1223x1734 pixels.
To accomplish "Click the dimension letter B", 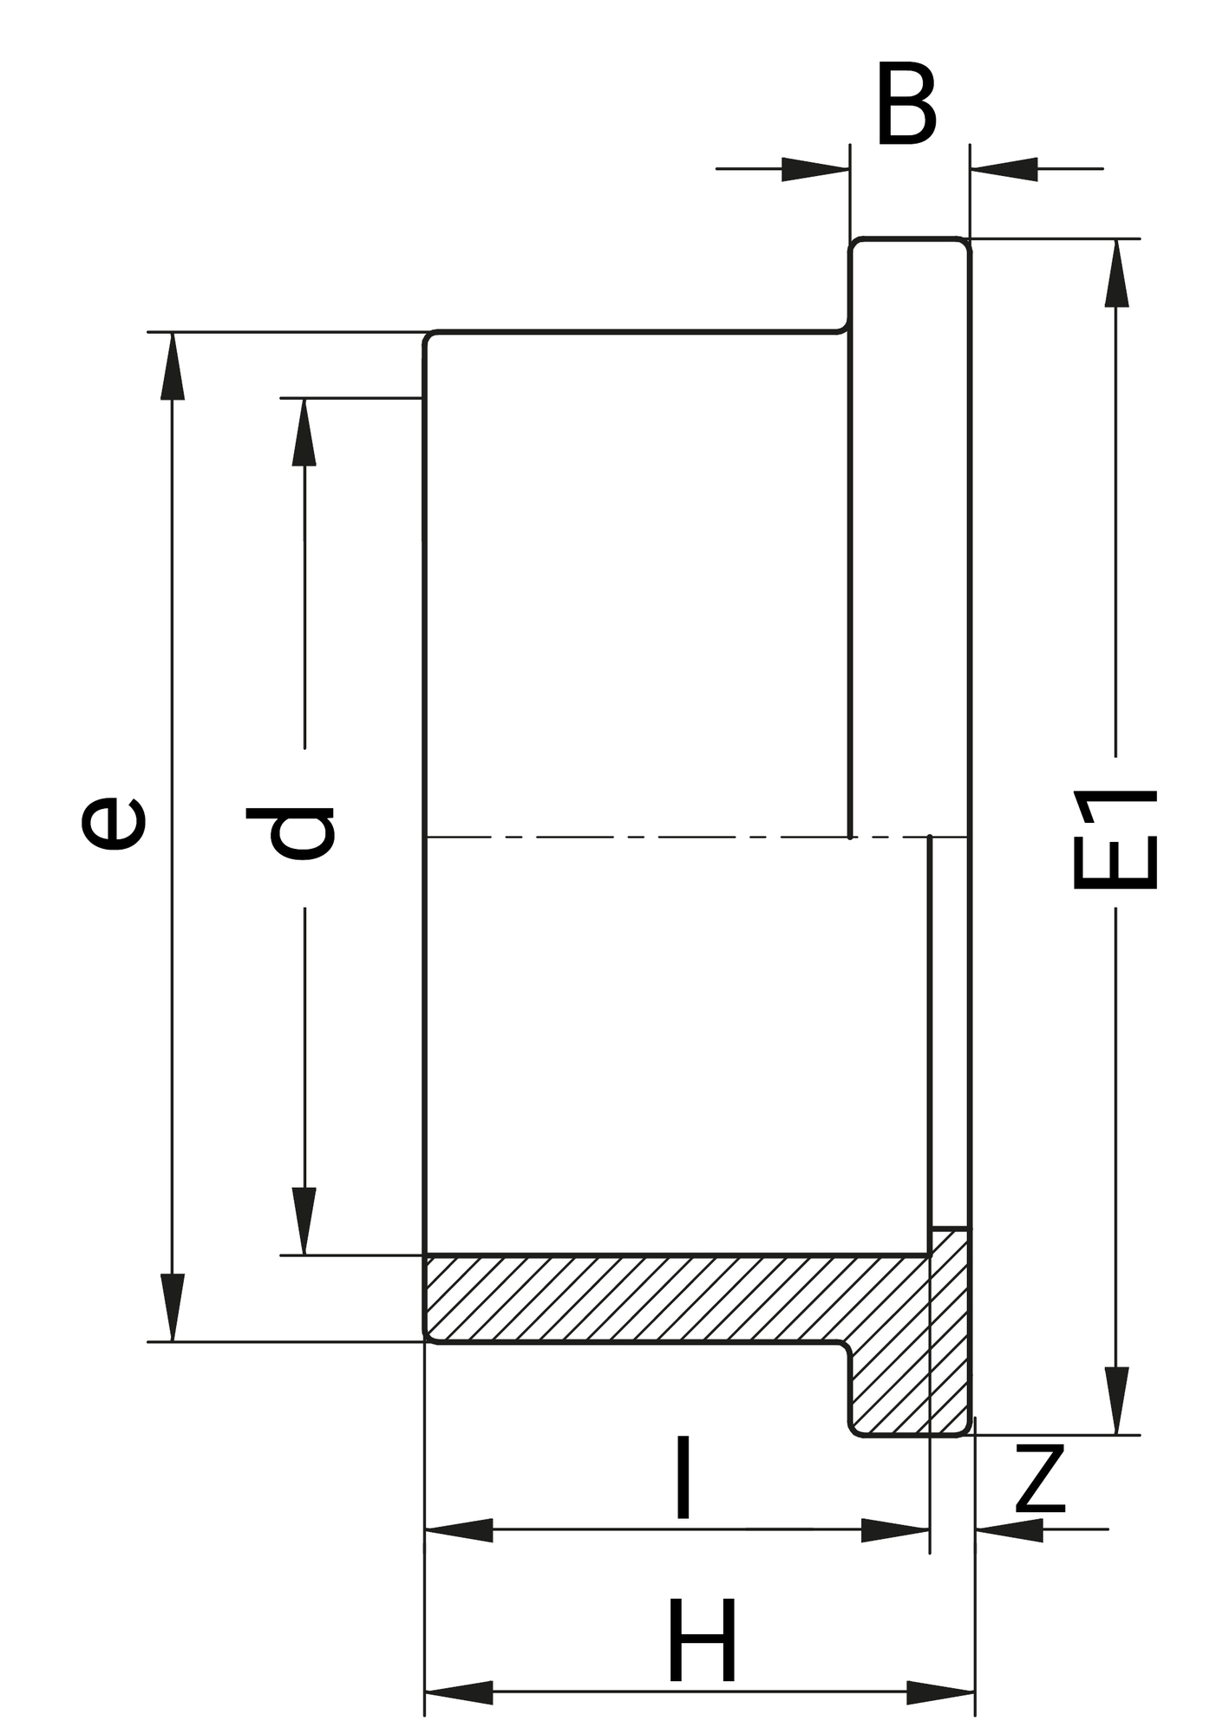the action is tap(906, 105).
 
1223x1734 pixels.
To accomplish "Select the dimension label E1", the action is tap(1115, 838).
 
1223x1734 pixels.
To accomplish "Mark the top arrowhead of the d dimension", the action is tap(304, 432).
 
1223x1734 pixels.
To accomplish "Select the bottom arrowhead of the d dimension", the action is tap(304, 1221).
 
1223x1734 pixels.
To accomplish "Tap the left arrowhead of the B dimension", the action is tap(815, 169).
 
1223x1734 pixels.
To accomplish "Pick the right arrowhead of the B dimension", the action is tap(1004, 169).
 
